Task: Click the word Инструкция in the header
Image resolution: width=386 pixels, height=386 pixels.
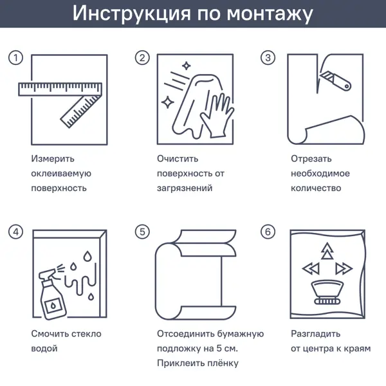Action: [x=131, y=13]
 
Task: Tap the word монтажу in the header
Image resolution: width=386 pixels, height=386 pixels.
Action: [x=270, y=14]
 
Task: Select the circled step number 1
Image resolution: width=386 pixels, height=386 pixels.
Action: [x=15, y=58]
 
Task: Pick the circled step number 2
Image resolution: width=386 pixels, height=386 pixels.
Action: [x=142, y=58]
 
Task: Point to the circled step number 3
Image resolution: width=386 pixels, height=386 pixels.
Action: [x=268, y=58]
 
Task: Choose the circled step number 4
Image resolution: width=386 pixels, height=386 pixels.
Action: [x=15, y=232]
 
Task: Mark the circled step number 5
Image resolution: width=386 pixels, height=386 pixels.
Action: [x=142, y=232]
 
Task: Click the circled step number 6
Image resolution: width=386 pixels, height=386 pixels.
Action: [x=268, y=232]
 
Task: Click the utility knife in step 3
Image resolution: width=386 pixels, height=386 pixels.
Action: [x=335, y=80]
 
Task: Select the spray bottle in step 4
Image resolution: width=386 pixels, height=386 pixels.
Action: [x=51, y=295]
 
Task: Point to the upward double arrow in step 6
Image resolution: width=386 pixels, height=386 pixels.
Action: [x=327, y=251]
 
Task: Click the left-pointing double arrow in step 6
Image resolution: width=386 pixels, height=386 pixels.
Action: [x=311, y=268]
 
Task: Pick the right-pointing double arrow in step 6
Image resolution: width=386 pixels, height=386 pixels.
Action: [x=344, y=268]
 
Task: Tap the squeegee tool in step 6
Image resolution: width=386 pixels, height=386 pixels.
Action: [x=327, y=292]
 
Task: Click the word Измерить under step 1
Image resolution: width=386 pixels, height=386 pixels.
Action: [x=53, y=159]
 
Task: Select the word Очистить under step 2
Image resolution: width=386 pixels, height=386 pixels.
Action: [x=178, y=159]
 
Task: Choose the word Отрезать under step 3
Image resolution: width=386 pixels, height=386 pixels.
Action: [x=311, y=159]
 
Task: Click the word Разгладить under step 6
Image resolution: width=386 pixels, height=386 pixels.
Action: [x=316, y=335]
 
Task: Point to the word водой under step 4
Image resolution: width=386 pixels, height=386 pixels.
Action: [x=44, y=349]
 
